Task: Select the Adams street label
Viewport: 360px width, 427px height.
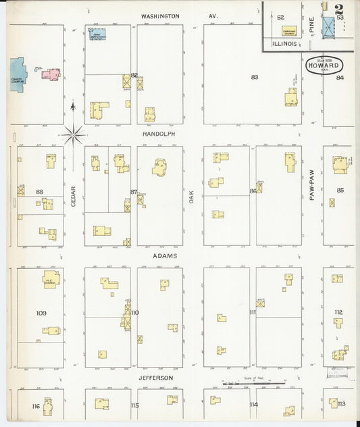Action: (159, 256)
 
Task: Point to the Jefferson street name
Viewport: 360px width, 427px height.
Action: (157, 378)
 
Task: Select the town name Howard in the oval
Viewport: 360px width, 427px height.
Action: (324, 66)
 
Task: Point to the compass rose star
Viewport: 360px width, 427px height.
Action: (74, 135)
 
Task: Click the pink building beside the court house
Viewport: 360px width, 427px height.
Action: (51, 74)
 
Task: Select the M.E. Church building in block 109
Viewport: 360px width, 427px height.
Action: (51, 279)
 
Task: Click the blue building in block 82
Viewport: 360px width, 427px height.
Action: (98, 34)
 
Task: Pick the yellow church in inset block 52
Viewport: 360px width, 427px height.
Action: (289, 31)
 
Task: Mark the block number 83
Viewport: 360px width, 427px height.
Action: (255, 77)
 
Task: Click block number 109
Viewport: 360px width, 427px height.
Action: (41, 313)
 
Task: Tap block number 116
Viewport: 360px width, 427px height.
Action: (35, 406)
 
